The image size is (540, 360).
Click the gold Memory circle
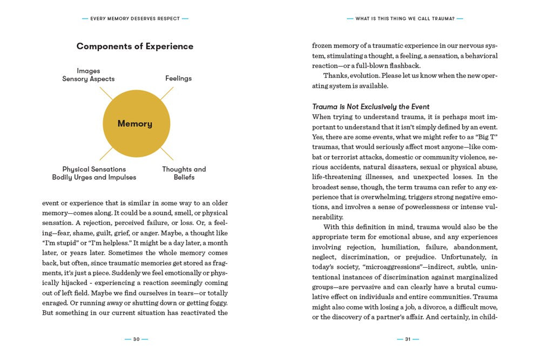(x=134, y=124)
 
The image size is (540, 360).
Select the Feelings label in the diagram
(x=178, y=78)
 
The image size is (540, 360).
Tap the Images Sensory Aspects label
(x=89, y=75)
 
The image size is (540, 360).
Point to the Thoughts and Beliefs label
(x=184, y=173)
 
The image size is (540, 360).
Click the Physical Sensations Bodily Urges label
(x=94, y=173)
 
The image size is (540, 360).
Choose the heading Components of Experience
(x=135, y=46)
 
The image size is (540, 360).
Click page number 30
(x=136, y=339)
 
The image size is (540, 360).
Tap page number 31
(x=408, y=339)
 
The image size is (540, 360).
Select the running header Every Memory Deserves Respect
(x=135, y=18)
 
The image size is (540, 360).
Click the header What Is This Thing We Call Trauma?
(x=405, y=18)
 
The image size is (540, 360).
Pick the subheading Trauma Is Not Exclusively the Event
(x=371, y=106)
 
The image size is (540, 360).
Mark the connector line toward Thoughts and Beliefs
(x=166, y=153)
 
